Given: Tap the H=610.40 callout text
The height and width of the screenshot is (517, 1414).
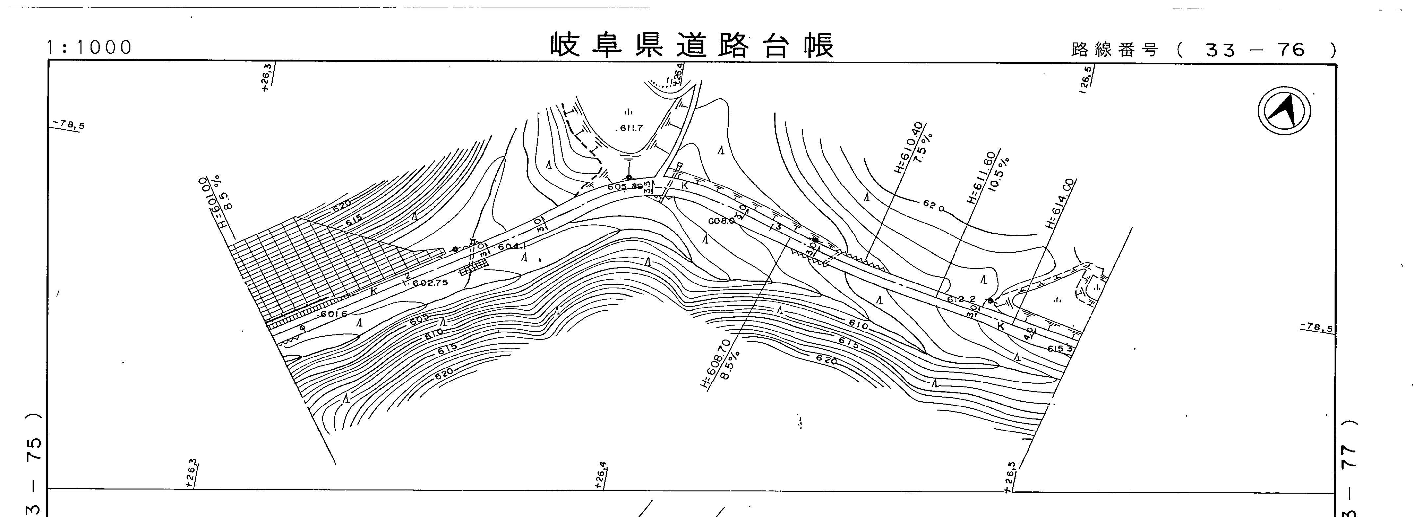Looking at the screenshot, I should [x=907, y=147].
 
